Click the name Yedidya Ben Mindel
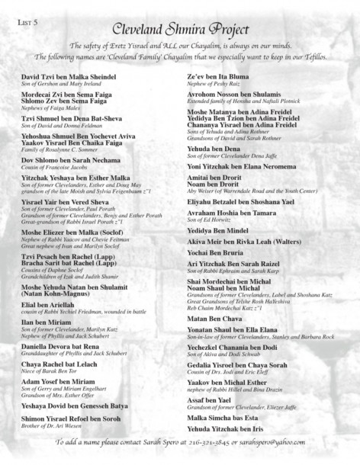(223, 229)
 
